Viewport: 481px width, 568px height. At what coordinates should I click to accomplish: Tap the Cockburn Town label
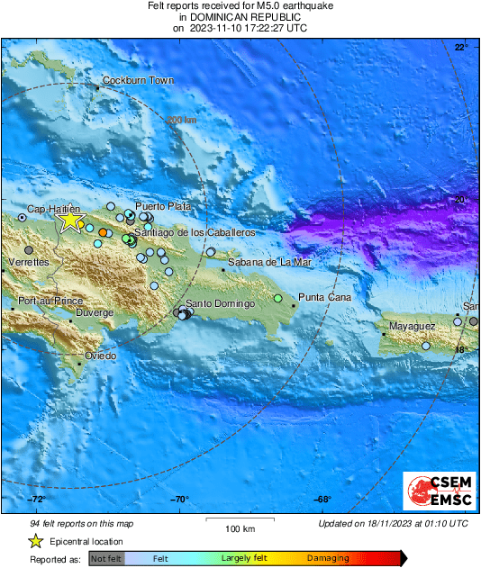click(x=137, y=80)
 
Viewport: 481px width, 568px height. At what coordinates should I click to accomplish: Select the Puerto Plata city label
click(x=163, y=206)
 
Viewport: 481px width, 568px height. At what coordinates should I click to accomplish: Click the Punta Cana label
click(x=324, y=297)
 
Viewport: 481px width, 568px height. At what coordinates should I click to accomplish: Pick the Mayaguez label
click(x=413, y=326)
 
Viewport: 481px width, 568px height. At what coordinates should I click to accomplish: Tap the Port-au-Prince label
click(x=50, y=301)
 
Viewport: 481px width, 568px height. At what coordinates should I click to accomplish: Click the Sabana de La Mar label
click(x=269, y=262)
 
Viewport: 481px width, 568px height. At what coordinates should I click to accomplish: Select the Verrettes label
click(x=28, y=262)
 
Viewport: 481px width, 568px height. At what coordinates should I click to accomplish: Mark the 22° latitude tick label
click(x=461, y=47)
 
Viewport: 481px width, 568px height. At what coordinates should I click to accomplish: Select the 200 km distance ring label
click(x=181, y=120)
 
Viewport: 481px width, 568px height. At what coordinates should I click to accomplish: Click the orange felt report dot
click(x=104, y=233)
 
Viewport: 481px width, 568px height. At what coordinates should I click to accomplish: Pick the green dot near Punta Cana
click(x=278, y=298)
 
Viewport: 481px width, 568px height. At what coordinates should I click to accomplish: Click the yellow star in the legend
click(x=35, y=541)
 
